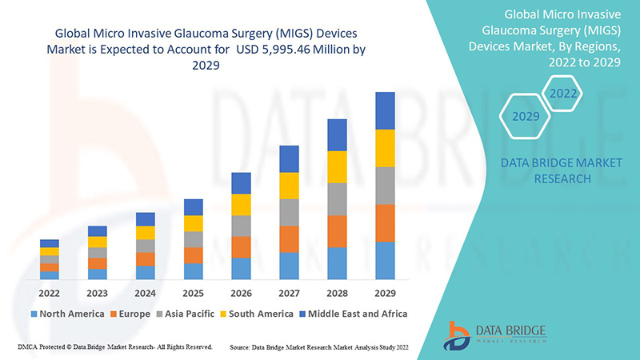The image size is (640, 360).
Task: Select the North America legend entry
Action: click(67, 314)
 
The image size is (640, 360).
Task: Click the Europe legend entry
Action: click(129, 314)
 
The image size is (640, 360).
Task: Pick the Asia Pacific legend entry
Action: click(186, 314)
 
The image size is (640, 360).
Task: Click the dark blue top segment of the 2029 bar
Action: click(385, 110)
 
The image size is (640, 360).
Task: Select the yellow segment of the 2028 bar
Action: click(337, 166)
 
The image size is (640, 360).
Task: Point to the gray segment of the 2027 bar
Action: click(289, 212)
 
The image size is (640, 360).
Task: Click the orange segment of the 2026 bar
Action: click(241, 246)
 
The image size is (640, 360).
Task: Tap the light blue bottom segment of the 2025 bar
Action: click(193, 271)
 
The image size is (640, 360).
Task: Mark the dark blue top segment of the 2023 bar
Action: click(98, 231)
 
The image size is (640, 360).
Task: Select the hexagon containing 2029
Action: click(526, 116)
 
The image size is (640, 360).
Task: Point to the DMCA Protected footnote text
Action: click(114, 347)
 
